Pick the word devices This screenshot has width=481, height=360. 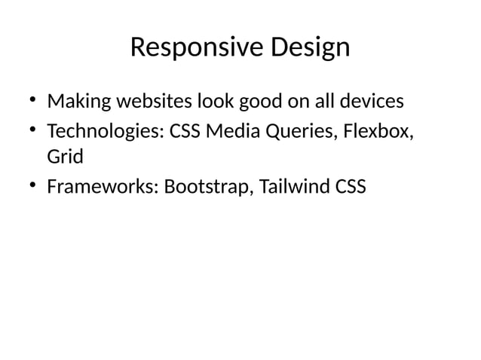[370, 101]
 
